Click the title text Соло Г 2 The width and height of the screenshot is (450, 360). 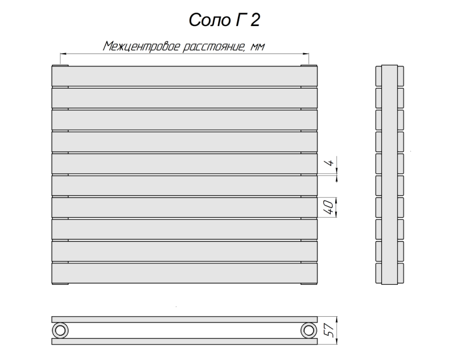coord(224,20)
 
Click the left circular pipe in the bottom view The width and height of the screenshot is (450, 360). coord(60,330)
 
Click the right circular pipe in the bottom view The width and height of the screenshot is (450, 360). coord(308,330)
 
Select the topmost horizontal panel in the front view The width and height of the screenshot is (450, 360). coord(184,76)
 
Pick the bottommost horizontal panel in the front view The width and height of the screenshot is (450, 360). coord(184,273)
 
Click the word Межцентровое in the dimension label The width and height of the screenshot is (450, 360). coord(141,46)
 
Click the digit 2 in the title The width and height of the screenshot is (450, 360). coord(255,20)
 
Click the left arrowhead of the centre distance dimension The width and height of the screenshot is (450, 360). coord(63,54)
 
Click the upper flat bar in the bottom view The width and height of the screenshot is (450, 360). coord(184,319)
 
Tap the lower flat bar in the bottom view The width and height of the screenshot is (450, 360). coord(184,342)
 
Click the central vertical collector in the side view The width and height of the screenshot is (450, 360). coord(389,175)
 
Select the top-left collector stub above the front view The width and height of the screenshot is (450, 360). coord(61,66)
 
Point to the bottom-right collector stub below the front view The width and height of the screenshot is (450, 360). coord(308,284)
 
